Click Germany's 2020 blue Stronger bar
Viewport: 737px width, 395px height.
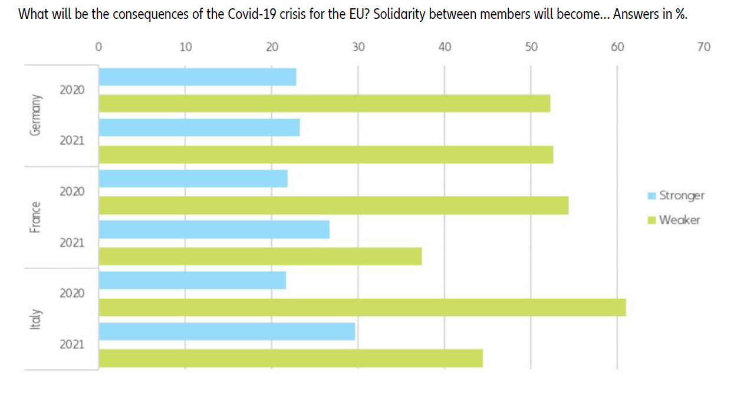click(x=198, y=77)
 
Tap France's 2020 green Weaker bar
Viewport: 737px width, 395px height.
click(x=334, y=205)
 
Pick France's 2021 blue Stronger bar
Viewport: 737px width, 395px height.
click(x=214, y=230)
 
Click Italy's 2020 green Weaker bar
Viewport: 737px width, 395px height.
click(x=362, y=307)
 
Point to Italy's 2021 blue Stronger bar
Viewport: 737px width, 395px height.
click(x=227, y=331)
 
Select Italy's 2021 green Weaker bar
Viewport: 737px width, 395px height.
click(x=291, y=358)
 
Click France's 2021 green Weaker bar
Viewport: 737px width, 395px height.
click(x=260, y=256)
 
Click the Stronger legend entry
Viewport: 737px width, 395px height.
click(x=681, y=195)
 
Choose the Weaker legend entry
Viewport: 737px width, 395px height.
click(x=679, y=220)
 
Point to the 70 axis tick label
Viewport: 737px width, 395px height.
click(x=703, y=48)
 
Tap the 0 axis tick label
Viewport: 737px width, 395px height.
click(x=98, y=48)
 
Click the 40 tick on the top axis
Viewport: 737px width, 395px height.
click(x=445, y=48)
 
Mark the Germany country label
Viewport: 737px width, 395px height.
click(x=37, y=115)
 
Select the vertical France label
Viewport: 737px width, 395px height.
click(x=37, y=217)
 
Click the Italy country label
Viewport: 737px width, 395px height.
click(x=37, y=319)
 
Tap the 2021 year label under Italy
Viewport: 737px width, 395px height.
click(x=71, y=344)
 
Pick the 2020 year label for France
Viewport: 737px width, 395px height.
click(x=71, y=192)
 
